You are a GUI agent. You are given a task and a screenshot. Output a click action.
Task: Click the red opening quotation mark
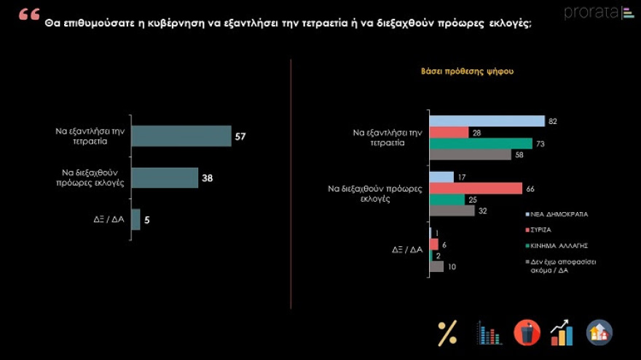[28, 15]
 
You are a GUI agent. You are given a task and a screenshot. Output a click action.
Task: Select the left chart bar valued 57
[181, 136]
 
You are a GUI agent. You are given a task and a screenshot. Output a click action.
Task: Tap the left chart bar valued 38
[165, 178]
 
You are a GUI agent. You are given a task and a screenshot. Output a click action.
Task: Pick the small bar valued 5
[135, 219]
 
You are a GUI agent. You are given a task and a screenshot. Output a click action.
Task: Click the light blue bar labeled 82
[487, 121]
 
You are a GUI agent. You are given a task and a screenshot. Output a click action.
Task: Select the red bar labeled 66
[476, 188]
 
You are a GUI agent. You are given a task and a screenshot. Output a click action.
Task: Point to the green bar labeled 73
[481, 143]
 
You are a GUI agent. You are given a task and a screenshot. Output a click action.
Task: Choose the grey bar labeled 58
[471, 154]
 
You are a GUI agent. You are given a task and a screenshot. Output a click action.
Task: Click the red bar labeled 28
[449, 132]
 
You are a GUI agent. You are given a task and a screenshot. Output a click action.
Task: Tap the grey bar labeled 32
[452, 211]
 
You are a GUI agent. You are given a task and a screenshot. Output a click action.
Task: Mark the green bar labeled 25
[447, 200]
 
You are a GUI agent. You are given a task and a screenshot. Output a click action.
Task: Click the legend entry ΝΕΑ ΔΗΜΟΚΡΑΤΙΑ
[559, 214]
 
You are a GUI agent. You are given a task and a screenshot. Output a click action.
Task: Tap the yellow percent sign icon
[447, 333]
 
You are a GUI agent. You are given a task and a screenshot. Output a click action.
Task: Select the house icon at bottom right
[599, 333]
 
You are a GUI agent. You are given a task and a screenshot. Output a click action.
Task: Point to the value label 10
[452, 267]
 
